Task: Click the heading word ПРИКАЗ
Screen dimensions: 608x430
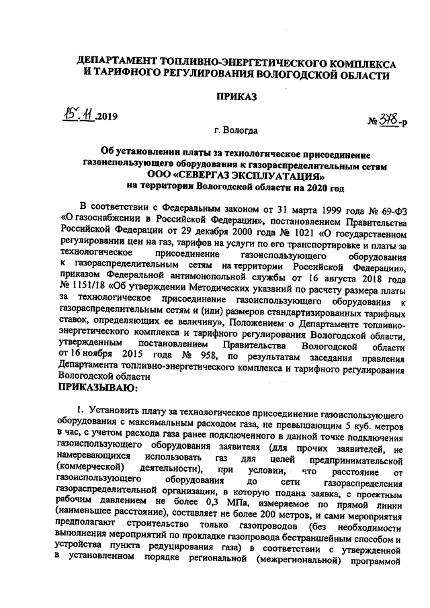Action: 235,96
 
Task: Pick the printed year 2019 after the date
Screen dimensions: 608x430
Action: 106,116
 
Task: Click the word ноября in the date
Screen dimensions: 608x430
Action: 95,353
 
